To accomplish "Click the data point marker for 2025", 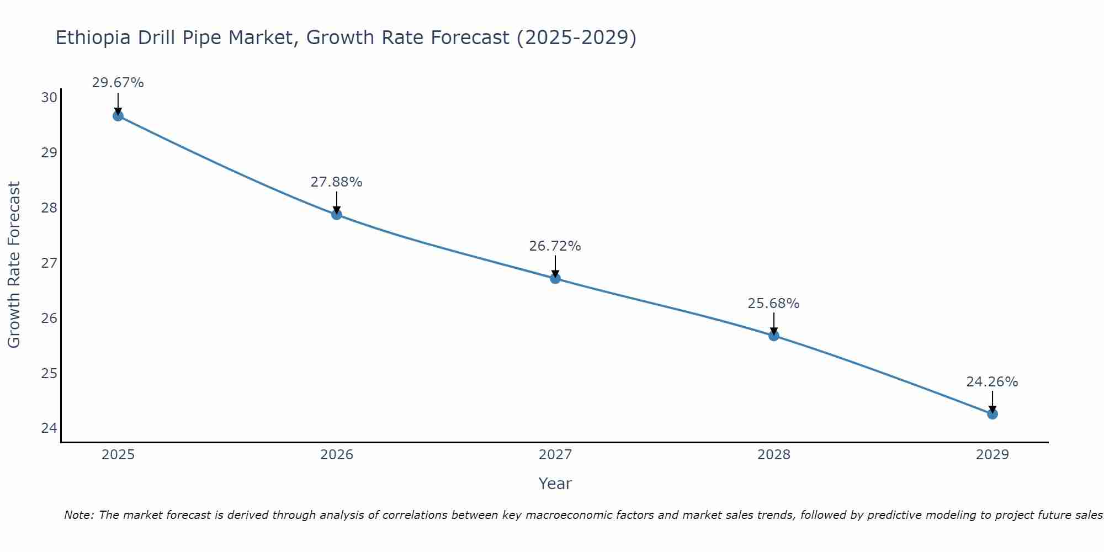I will (x=118, y=116).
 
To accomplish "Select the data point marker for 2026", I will (x=337, y=215).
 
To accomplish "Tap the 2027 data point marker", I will (x=555, y=279).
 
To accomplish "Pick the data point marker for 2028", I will (x=774, y=336).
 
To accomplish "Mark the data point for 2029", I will (x=992, y=414).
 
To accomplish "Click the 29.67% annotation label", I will (x=118, y=83).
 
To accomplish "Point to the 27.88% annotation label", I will (x=336, y=182).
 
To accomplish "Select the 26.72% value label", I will (x=555, y=246).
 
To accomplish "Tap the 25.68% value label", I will (x=773, y=304).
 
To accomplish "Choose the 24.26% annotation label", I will (x=992, y=382).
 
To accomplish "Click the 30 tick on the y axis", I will (x=49, y=98).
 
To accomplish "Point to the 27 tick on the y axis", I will (x=49, y=263).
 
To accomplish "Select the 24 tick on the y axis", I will (x=49, y=428).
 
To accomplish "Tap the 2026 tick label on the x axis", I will (x=337, y=455).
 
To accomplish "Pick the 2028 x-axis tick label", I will (x=774, y=455).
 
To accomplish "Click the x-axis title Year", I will (x=555, y=484).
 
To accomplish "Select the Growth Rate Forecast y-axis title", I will (x=14, y=265).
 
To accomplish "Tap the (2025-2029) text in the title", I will (x=576, y=38).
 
